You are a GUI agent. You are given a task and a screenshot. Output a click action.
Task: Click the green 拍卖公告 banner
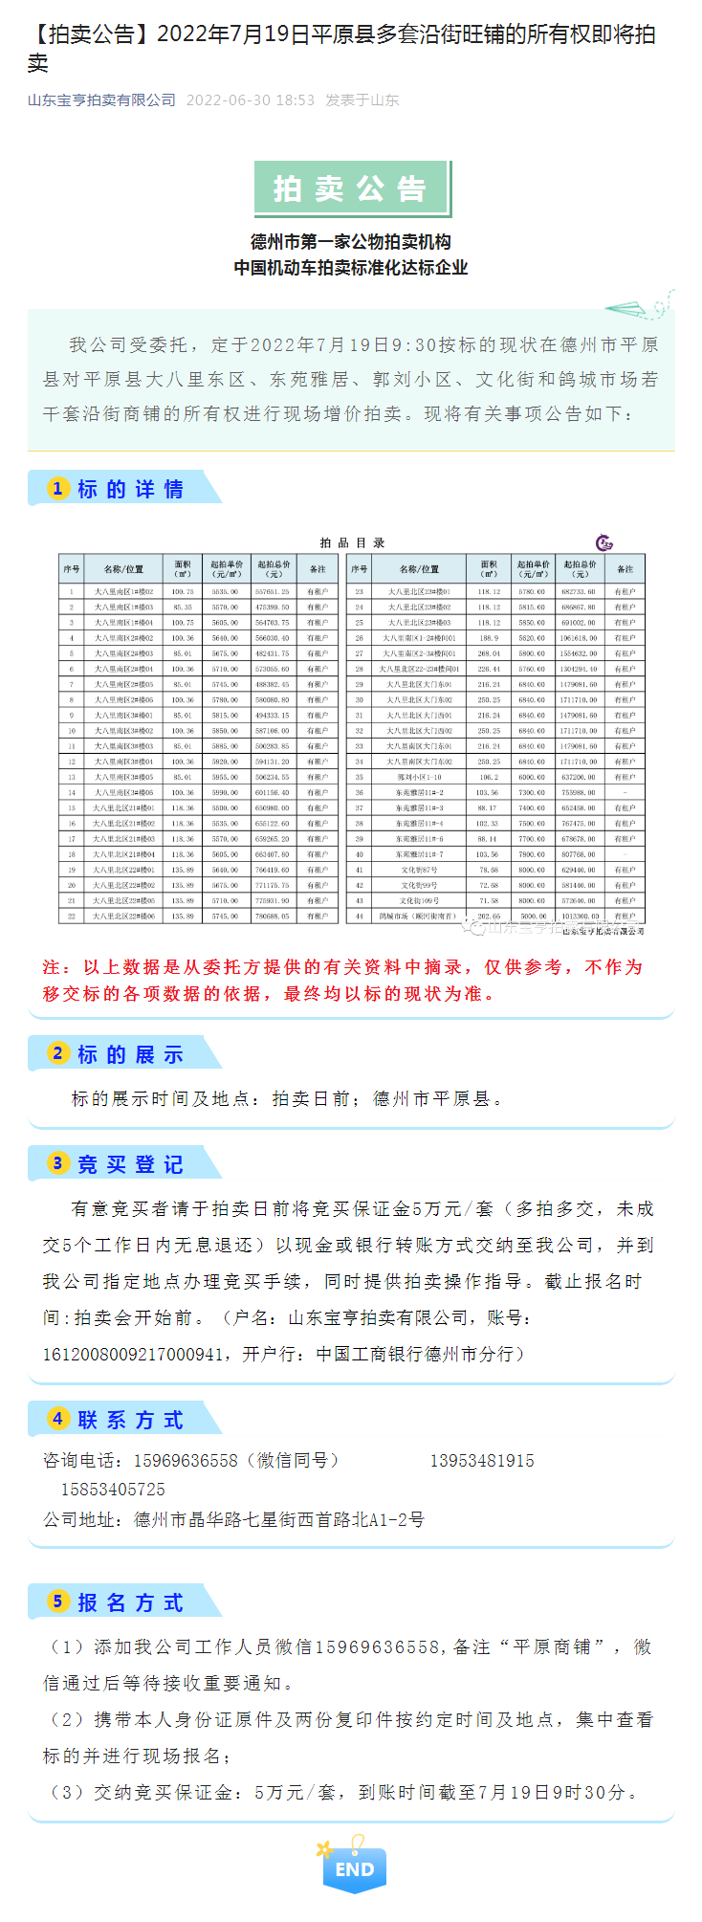pos(350,188)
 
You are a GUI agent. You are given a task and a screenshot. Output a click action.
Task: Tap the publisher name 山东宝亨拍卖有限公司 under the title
pos(101,100)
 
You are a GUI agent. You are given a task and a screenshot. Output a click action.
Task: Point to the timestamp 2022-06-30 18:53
pos(250,100)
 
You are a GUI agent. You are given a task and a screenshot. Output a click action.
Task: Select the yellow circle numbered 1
pos(58,489)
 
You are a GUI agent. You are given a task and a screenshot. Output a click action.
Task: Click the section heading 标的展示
pos(130,1054)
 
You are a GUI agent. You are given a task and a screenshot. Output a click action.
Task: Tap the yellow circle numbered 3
pos(58,1163)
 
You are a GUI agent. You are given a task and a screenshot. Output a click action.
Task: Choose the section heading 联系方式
pos(130,1420)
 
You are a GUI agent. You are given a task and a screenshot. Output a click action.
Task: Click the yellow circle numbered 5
pos(58,1602)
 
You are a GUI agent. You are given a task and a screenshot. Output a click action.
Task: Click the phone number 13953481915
pos(482,1461)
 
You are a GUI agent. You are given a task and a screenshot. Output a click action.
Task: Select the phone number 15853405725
pos(113,1490)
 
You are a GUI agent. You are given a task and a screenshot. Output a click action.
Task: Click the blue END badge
pos(355,1868)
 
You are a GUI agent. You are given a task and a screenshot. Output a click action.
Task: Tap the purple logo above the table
pos(604,543)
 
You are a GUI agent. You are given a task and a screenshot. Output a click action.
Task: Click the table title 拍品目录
pos(352,542)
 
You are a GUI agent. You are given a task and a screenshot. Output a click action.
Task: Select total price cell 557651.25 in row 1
pos(273,592)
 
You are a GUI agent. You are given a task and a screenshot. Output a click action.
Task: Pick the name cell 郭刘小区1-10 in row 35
pos(420,777)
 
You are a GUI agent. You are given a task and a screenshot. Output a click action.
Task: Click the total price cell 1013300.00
pos(580,916)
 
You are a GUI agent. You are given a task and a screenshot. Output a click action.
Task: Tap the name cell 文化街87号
pos(420,870)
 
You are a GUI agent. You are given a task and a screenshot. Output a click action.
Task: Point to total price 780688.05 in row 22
pos(273,916)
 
